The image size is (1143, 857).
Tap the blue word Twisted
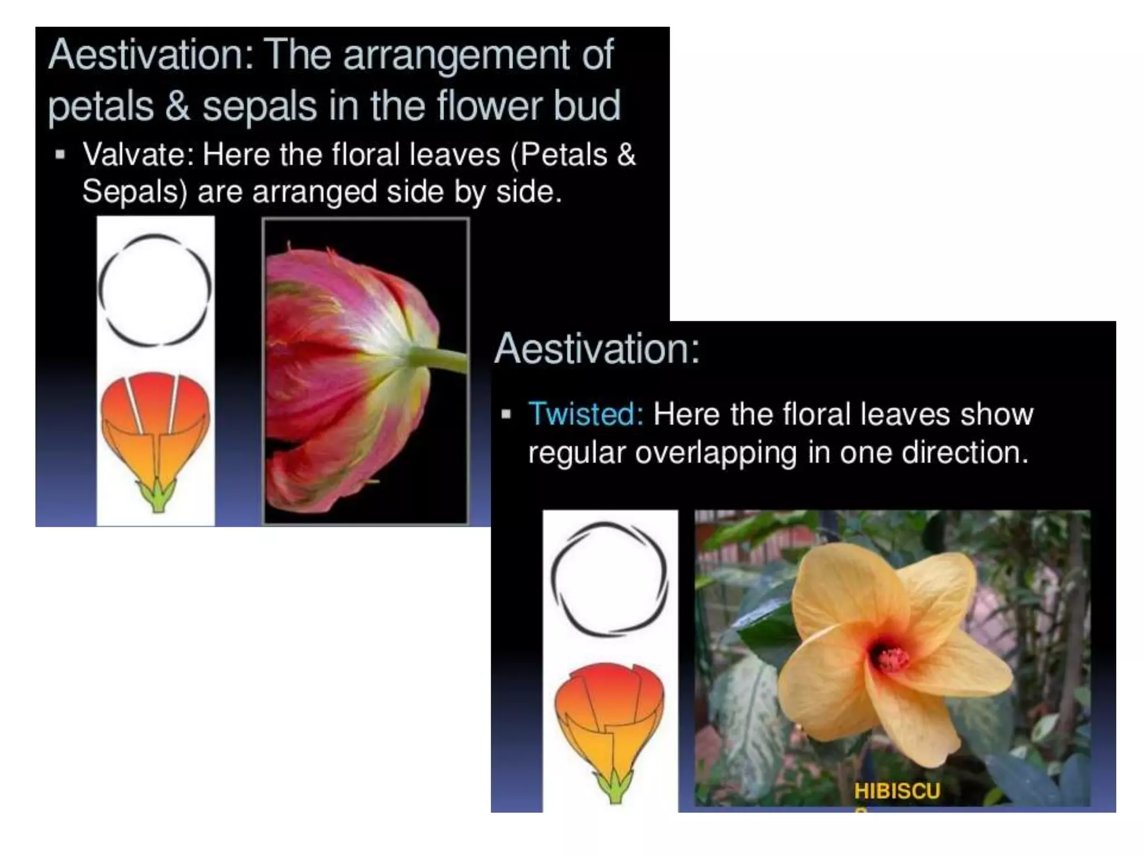pyautogui.click(x=585, y=414)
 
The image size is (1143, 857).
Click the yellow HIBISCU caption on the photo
pyautogui.click(x=897, y=791)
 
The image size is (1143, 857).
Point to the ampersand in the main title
pyautogui.click(x=177, y=106)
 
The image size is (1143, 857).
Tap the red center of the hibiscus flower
pyautogui.click(x=891, y=659)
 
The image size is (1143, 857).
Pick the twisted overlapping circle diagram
pyautogui.click(x=609, y=579)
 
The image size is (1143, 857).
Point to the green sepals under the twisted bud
pyautogui.click(x=615, y=787)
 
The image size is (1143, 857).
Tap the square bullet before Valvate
pyautogui.click(x=60, y=155)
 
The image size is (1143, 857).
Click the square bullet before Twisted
pyautogui.click(x=506, y=414)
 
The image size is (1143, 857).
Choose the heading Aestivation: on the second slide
pyautogui.click(x=597, y=349)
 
